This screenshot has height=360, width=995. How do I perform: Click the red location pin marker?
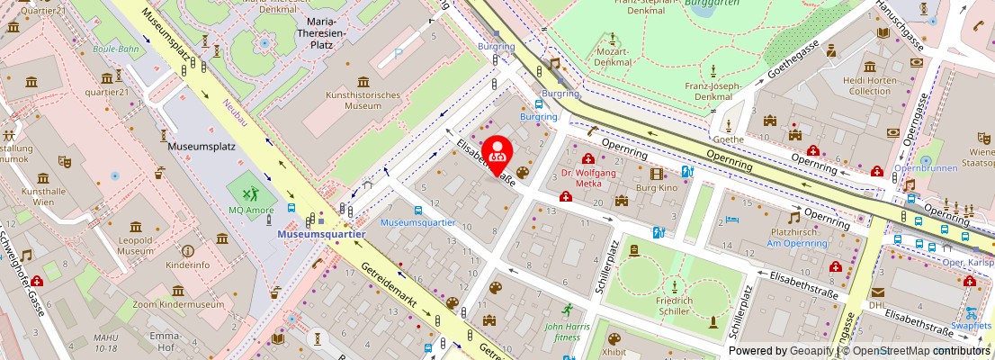click(497, 153)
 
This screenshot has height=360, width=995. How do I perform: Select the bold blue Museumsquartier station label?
click(321, 234)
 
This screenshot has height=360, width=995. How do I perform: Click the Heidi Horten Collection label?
click(868, 85)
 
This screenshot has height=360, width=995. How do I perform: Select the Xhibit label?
click(614, 354)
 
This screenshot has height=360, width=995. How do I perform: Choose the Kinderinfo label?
click(188, 265)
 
